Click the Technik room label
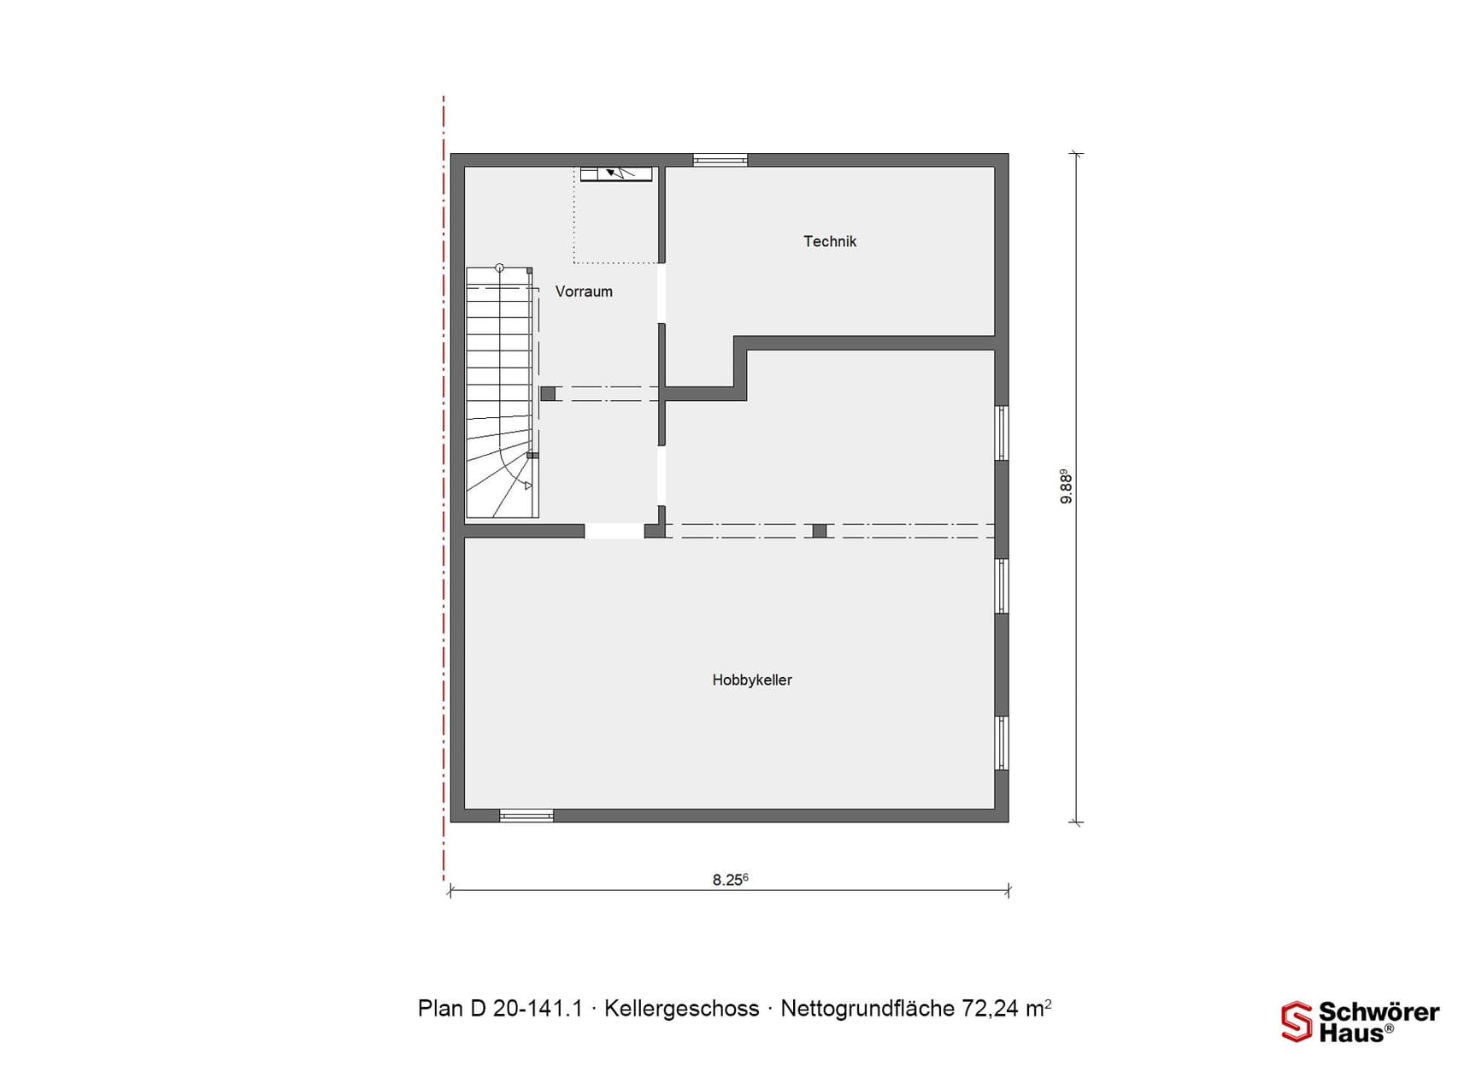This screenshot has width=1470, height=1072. click(x=829, y=242)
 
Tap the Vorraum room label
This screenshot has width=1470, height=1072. click(x=584, y=292)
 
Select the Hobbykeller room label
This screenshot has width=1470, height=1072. click(x=752, y=680)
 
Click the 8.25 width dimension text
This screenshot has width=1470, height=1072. click(x=730, y=880)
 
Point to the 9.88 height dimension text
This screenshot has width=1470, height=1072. click(x=1066, y=486)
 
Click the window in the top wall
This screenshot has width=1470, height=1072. click(x=720, y=160)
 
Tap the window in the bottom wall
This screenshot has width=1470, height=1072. click(x=526, y=816)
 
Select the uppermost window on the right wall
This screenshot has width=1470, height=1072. click(x=1002, y=433)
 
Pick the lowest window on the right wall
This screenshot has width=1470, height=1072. click(x=1002, y=743)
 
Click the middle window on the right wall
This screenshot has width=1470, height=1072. click(x=1002, y=586)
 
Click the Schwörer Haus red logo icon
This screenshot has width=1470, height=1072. click(x=1296, y=1022)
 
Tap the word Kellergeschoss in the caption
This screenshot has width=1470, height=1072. click(x=681, y=1009)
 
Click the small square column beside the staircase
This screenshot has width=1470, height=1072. click(x=548, y=394)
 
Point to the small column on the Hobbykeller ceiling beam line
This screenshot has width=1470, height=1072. click(x=820, y=531)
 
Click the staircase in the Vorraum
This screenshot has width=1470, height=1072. click(x=500, y=393)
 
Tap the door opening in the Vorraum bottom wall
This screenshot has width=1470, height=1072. click(x=614, y=531)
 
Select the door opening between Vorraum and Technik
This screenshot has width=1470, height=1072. click(x=661, y=293)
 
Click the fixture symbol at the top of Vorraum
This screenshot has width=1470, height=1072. click(x=616, y=174)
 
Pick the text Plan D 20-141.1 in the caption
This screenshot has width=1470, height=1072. click(x=500, y=1009)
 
